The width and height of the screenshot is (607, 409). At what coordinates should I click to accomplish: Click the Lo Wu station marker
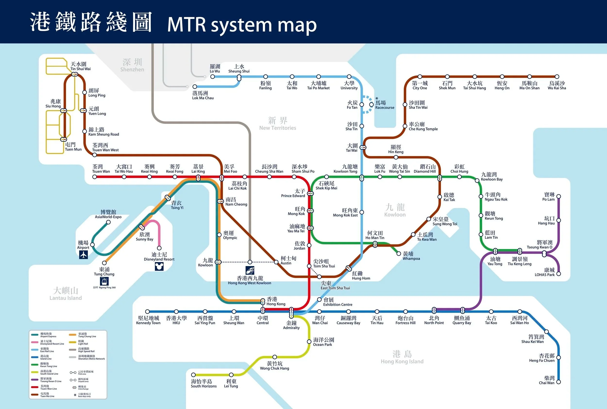click(213, 77)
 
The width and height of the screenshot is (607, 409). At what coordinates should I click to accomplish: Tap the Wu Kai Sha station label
click(557, 85)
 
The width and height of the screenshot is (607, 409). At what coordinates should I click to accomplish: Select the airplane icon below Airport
click(84, 255)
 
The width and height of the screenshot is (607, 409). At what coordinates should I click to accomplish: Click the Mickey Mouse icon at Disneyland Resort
click(159, 266)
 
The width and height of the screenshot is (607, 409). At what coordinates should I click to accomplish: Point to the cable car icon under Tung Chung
click(104, 281)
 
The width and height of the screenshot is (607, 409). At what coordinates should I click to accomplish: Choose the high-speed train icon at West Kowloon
click(250, 270)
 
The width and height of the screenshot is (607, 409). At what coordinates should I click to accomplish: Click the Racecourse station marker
click(371, 105)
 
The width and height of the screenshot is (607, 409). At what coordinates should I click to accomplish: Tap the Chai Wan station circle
click(558, 382)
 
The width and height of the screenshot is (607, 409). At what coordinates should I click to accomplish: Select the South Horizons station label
click(203, 384)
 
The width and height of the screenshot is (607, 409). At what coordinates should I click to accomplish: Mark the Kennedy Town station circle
click(147, 311)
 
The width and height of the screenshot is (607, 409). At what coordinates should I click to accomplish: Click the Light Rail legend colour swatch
click(73, 342)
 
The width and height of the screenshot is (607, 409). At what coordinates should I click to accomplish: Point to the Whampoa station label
click(411, 256)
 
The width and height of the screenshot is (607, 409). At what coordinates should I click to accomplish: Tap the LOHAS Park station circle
click(558, 274)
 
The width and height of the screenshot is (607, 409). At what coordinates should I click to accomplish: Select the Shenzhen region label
click(132, 65)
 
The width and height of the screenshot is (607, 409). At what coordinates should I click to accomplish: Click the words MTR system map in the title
click(242, 25)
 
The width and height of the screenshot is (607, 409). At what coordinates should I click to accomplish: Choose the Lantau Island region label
click(66, 294)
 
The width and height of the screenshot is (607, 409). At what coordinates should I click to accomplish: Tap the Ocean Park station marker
click(309, 342)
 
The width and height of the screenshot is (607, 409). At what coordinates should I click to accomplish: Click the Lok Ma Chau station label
click(203, 95)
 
